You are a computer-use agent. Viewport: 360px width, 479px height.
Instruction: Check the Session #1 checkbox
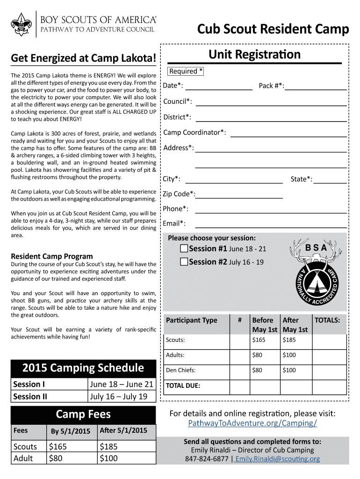[x=184, y=248]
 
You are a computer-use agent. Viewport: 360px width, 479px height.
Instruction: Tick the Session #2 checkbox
[x=184, y=261]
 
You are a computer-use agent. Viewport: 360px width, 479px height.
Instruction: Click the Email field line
[x=271, y=226]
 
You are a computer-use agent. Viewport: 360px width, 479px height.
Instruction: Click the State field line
[x=330, y=181]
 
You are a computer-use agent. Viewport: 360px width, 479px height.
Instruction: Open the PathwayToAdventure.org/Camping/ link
[x=252, y=423]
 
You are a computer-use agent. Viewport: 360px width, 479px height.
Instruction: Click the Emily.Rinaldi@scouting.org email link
[x=278, y=459]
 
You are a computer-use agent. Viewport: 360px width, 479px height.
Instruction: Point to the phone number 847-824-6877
[x=207, y=459]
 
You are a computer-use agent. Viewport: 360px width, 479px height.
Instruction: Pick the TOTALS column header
[x=330, y=320]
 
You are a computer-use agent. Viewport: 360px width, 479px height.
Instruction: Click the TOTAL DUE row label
[x=183, y=386]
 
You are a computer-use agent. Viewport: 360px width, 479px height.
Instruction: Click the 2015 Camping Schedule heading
[x=83, y=368]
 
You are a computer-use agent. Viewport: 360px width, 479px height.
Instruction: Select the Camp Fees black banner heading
[x=83, y=414]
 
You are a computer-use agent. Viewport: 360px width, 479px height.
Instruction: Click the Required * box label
[x=186, y=71]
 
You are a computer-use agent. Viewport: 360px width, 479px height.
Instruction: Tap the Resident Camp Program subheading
[x=52, y=256]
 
